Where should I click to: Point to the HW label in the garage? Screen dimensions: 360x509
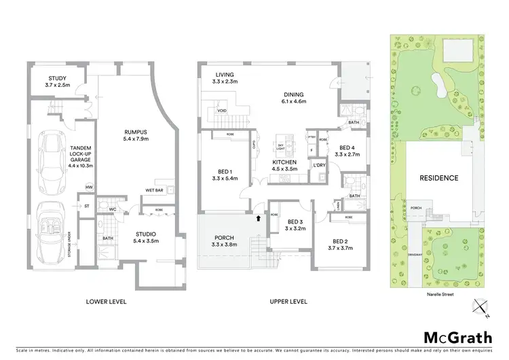pyautogui.click(x=88, y=187)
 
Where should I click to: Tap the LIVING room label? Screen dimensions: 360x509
pyautogui.click(x=224, y=75)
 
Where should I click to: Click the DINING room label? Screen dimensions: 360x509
pyautogui.click(x=294, y=94)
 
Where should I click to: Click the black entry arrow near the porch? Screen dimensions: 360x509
pyautogui.click(x=259, y=219)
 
